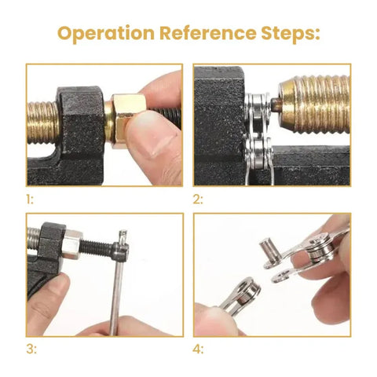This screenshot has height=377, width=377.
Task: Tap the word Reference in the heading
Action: (203, 34)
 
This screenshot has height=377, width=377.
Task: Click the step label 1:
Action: (30, 199)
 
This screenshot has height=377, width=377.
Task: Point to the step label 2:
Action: (199, 199)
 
